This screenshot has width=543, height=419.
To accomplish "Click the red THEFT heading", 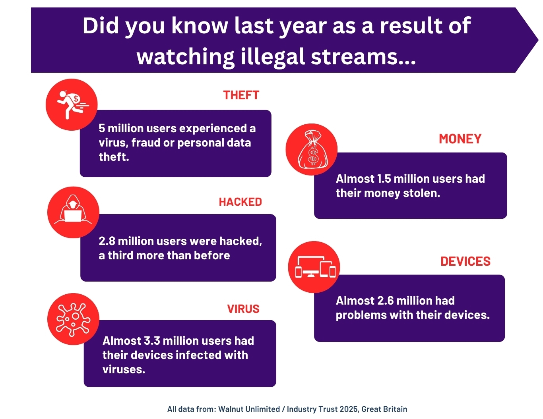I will tap(241, 95).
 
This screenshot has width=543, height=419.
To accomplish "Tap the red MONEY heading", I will tap(460, 139).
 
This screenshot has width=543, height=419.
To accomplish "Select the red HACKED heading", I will tap(240, 202).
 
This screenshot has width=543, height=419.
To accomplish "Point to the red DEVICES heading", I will tap(465, 261).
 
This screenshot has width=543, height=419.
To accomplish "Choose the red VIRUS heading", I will tap(243, 309).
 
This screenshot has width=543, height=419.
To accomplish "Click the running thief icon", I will tap(72, 104).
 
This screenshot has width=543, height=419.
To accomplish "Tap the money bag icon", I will tap(312, 150).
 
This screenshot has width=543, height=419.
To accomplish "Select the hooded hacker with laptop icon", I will tap(73, 212).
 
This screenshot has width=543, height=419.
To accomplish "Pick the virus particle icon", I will tap(73, 319).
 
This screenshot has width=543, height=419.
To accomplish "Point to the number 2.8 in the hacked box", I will tap(107, 241).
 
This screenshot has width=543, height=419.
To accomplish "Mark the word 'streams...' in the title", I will tap(363, 57).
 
